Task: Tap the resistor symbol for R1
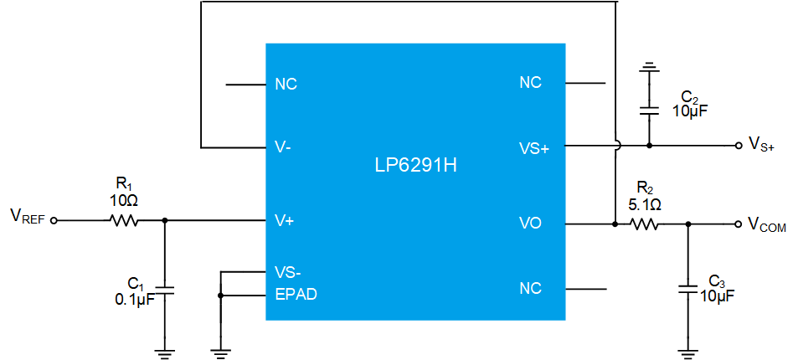123,221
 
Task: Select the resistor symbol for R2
643,224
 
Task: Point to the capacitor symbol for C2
649,111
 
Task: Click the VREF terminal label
28,218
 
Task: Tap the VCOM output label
767,224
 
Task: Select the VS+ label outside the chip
761,145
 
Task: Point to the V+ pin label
285,220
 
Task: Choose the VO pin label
530,223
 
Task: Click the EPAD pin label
296,294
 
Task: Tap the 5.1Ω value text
643,205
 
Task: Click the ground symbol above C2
649,67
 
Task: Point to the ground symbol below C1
164,353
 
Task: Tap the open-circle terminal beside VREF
54,221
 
